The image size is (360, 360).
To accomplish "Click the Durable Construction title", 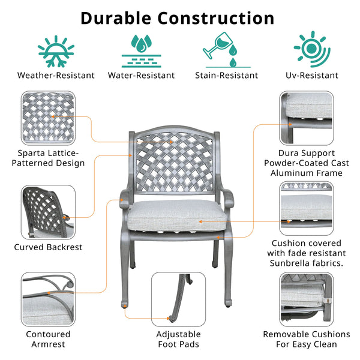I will [x=178, y=17].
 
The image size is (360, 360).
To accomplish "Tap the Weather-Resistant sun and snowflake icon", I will [x=56, y=49].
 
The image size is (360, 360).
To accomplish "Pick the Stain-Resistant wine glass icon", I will [x=226, y=49].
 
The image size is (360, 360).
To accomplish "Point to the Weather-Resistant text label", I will [x=56, y=76].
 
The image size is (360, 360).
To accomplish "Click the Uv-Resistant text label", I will [x=312, y=76].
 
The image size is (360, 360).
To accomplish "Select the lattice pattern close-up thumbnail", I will [x=49, y=117].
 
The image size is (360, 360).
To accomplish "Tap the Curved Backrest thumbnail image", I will [x=49, y=212].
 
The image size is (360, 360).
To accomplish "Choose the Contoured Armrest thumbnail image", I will [x=49, y=298].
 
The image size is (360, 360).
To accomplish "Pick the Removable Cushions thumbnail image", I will [x=306, y=298].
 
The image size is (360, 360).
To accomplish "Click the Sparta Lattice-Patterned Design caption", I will [x=51, y=158].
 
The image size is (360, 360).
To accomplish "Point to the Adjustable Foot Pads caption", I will [x=178, y=339].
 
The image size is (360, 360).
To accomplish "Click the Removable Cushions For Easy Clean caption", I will [x=306, y=339].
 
